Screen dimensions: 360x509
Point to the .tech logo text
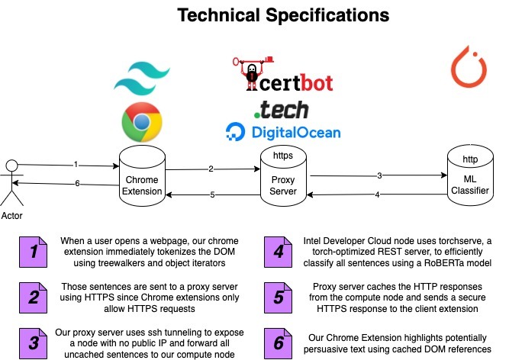[282, 109]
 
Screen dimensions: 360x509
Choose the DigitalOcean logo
[282, 132]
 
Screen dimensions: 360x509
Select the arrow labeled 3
[379, 176]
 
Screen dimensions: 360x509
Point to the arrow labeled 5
[212, 194]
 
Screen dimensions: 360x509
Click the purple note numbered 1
[33, 250]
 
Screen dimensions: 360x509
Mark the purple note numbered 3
[33, 342]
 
